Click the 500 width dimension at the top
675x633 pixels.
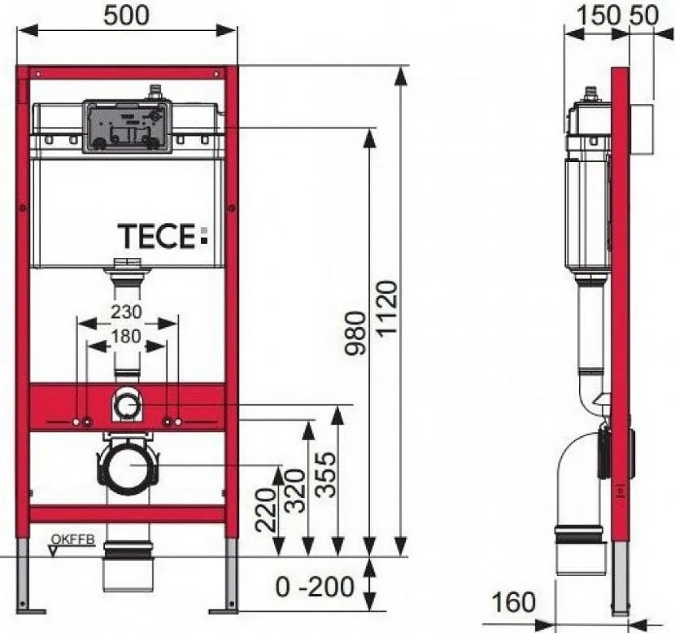[127, 15]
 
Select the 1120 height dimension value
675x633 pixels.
[386, 308]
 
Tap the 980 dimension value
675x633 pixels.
[356, 334]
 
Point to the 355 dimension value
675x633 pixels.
[325, 474]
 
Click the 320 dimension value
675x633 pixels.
[295, 491]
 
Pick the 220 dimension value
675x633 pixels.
[266, 510]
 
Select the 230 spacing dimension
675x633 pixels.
[126, 312]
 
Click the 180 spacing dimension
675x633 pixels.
[126, 336]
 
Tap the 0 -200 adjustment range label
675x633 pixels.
[315, 587]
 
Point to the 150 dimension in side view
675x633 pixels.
[599, 16]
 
